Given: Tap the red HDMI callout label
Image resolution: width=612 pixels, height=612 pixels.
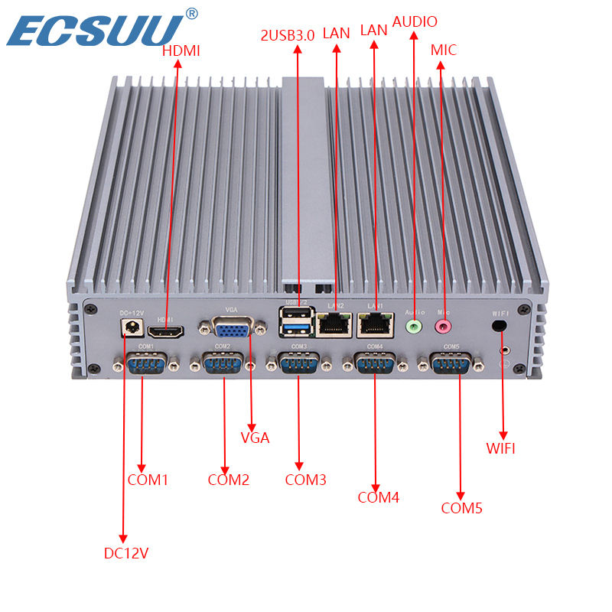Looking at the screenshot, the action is tap(181, 51).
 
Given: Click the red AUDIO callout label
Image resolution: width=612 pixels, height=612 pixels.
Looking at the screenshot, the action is tap(415, 21).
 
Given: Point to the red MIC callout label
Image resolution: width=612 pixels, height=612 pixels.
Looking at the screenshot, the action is tap(443, 50).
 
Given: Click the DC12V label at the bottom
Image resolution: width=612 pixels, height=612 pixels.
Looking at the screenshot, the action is tap(126, 552).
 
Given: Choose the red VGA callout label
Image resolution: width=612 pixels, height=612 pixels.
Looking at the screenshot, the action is tap(255, 438).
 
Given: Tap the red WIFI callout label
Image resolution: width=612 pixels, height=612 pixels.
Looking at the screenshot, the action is tap(501, 448).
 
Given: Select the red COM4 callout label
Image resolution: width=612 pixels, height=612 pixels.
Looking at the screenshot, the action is tap(379, 497).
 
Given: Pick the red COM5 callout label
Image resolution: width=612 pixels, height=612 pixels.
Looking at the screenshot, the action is tap(462, 507).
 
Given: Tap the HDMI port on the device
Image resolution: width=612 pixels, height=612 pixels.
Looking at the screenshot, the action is tap(165, 332).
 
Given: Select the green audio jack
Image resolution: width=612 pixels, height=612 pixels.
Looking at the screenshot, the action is tap(414, 326).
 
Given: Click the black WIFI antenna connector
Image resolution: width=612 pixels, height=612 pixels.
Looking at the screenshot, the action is tap(500, 325).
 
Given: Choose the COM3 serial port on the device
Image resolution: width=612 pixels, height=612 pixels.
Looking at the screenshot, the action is tap(299, 364).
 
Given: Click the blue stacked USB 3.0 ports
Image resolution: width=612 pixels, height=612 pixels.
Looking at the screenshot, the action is tap(298, 324).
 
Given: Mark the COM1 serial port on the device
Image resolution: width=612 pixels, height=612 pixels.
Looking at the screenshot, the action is tap(146, 364).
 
